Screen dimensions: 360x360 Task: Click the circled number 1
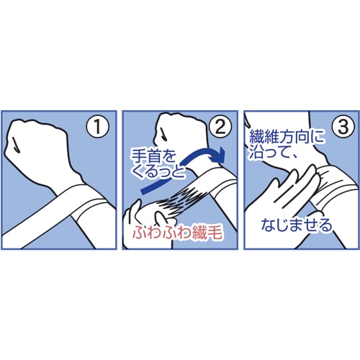coord(97,127)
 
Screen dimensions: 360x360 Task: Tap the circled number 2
coord(220,127)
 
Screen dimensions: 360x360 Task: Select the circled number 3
coord(343,127)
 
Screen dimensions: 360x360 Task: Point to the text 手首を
coord(153,157)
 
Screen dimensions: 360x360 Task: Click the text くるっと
coord(159,172)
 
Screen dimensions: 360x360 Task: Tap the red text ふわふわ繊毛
coord(178,233)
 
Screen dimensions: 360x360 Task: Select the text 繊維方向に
coord(287,138)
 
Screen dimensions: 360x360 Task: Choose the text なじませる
coord(297,225)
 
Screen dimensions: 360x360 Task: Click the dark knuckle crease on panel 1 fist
coord(15,145)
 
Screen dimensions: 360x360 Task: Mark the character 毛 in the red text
coord(215,233)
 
